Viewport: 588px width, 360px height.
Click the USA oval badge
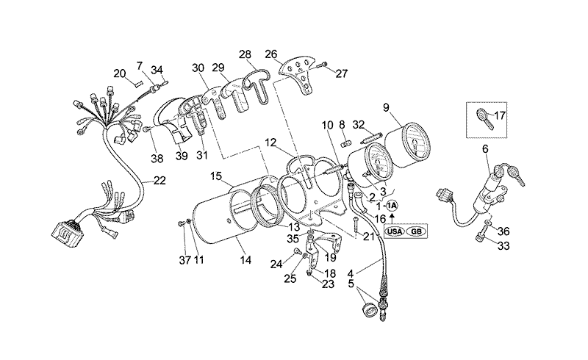(x=395, y=231)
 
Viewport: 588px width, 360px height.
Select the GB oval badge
(x=416, y=231)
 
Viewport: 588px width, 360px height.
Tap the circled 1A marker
(x=392, y=205)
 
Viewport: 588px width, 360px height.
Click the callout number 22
(x=159, y=181)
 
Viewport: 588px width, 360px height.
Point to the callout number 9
(x=387, y=107)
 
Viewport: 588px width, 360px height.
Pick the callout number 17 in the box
(x=500, y=115)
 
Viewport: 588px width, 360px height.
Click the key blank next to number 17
(x=484, y=116)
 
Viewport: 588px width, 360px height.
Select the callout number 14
(x=245, y=260)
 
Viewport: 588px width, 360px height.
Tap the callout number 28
(x=245, y=54)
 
